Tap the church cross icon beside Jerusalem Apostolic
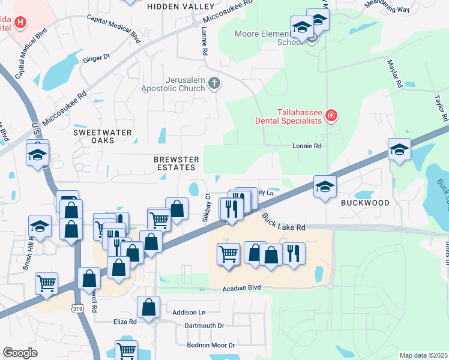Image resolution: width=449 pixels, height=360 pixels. (215, 84)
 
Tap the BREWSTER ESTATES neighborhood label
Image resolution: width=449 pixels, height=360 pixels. (176, 164)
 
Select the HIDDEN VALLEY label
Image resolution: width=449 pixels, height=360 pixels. (181, 6)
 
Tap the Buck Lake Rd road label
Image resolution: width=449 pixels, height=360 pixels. (284, 223)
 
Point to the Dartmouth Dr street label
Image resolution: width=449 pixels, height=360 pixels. (204, 325)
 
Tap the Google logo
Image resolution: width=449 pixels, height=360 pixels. (20, 352)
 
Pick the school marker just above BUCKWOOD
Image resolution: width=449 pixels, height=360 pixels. (325, 187)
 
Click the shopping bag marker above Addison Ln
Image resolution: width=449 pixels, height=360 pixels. (148, 307)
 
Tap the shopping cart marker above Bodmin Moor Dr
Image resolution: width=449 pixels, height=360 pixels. (126, 350)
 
